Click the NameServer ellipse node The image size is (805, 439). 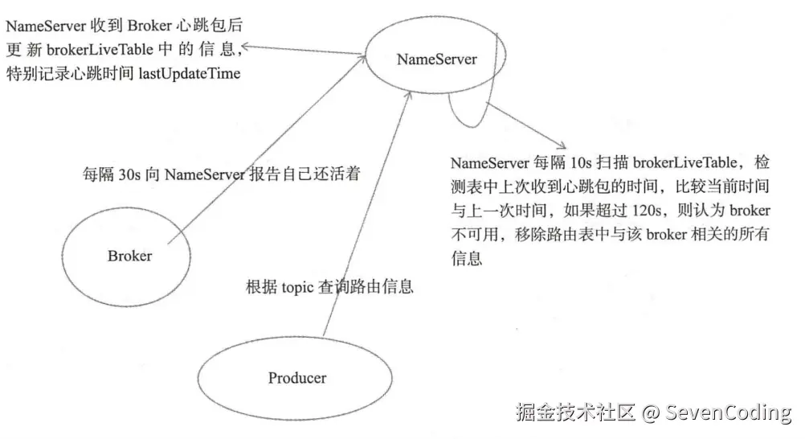[x=436, y=59]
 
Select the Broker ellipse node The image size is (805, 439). [x=129, y=256]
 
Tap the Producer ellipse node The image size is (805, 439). [x=296, y=377]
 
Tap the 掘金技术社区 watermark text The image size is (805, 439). [x=574, y=413]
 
